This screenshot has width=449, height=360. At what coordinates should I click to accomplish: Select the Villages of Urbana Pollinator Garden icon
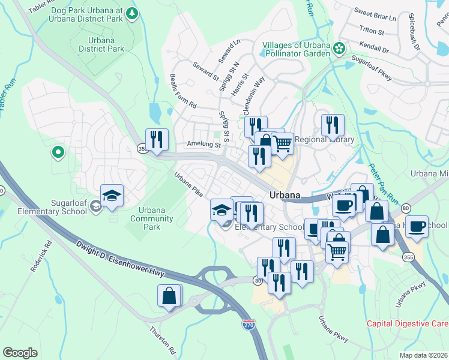[x=339, y=47]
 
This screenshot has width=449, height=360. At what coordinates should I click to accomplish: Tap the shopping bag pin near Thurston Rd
[x=169, y=296]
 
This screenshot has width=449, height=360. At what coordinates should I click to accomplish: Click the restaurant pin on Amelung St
[x=157, y=140]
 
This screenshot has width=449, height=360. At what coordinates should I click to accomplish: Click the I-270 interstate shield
[x=249, y=325]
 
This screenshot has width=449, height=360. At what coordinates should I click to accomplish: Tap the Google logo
[x=20, y=352]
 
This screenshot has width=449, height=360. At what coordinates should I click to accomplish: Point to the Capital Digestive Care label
[x=407, y=324]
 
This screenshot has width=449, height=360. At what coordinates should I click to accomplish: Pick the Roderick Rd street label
[x=42, y=256]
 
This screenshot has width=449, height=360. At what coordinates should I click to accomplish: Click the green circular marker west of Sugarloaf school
[x=58, y=152]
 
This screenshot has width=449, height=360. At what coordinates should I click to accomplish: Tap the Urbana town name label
[x=285, y=195]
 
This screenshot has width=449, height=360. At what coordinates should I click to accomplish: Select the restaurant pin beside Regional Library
[x=333, y=125]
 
